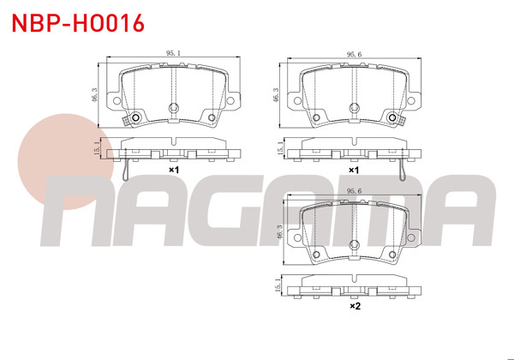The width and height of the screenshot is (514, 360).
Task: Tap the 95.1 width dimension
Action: coord(173,54)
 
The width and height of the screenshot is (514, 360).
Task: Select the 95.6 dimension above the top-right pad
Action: coord(351,54)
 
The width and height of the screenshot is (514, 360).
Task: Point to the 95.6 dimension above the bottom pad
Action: coord(351,192)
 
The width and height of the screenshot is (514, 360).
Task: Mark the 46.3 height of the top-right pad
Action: coord(277,93)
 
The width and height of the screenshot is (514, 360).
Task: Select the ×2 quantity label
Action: coord(354,306)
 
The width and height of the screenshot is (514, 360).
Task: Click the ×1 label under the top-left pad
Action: coord(173,170)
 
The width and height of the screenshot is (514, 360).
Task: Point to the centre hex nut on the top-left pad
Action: coord(173,108)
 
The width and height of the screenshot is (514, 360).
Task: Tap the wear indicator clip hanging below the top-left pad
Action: coord(128,167)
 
